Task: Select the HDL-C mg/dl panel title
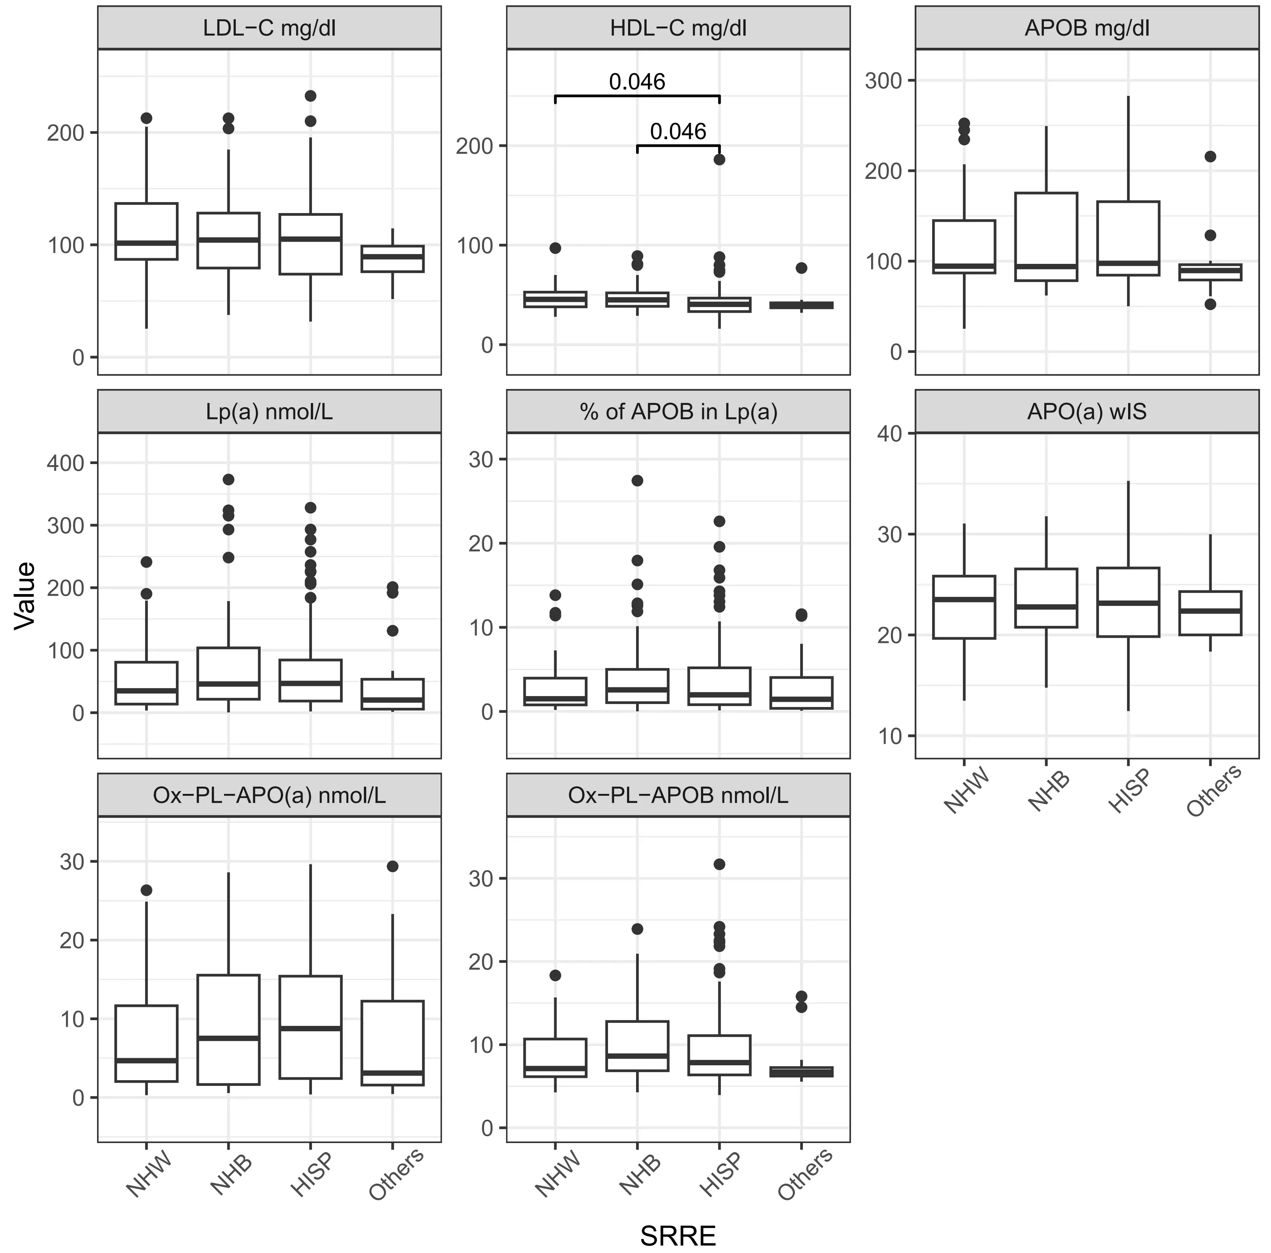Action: (678, 28)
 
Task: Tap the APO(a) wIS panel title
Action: (1087, 412)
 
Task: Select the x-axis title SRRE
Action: (678, 1235)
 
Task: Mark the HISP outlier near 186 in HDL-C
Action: (720, 159)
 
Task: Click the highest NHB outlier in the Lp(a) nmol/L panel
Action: (228, 479)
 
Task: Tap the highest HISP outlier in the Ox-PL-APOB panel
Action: (720, 864)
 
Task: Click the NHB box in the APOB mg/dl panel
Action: (1046, 237)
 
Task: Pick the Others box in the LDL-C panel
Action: (393, 259)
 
